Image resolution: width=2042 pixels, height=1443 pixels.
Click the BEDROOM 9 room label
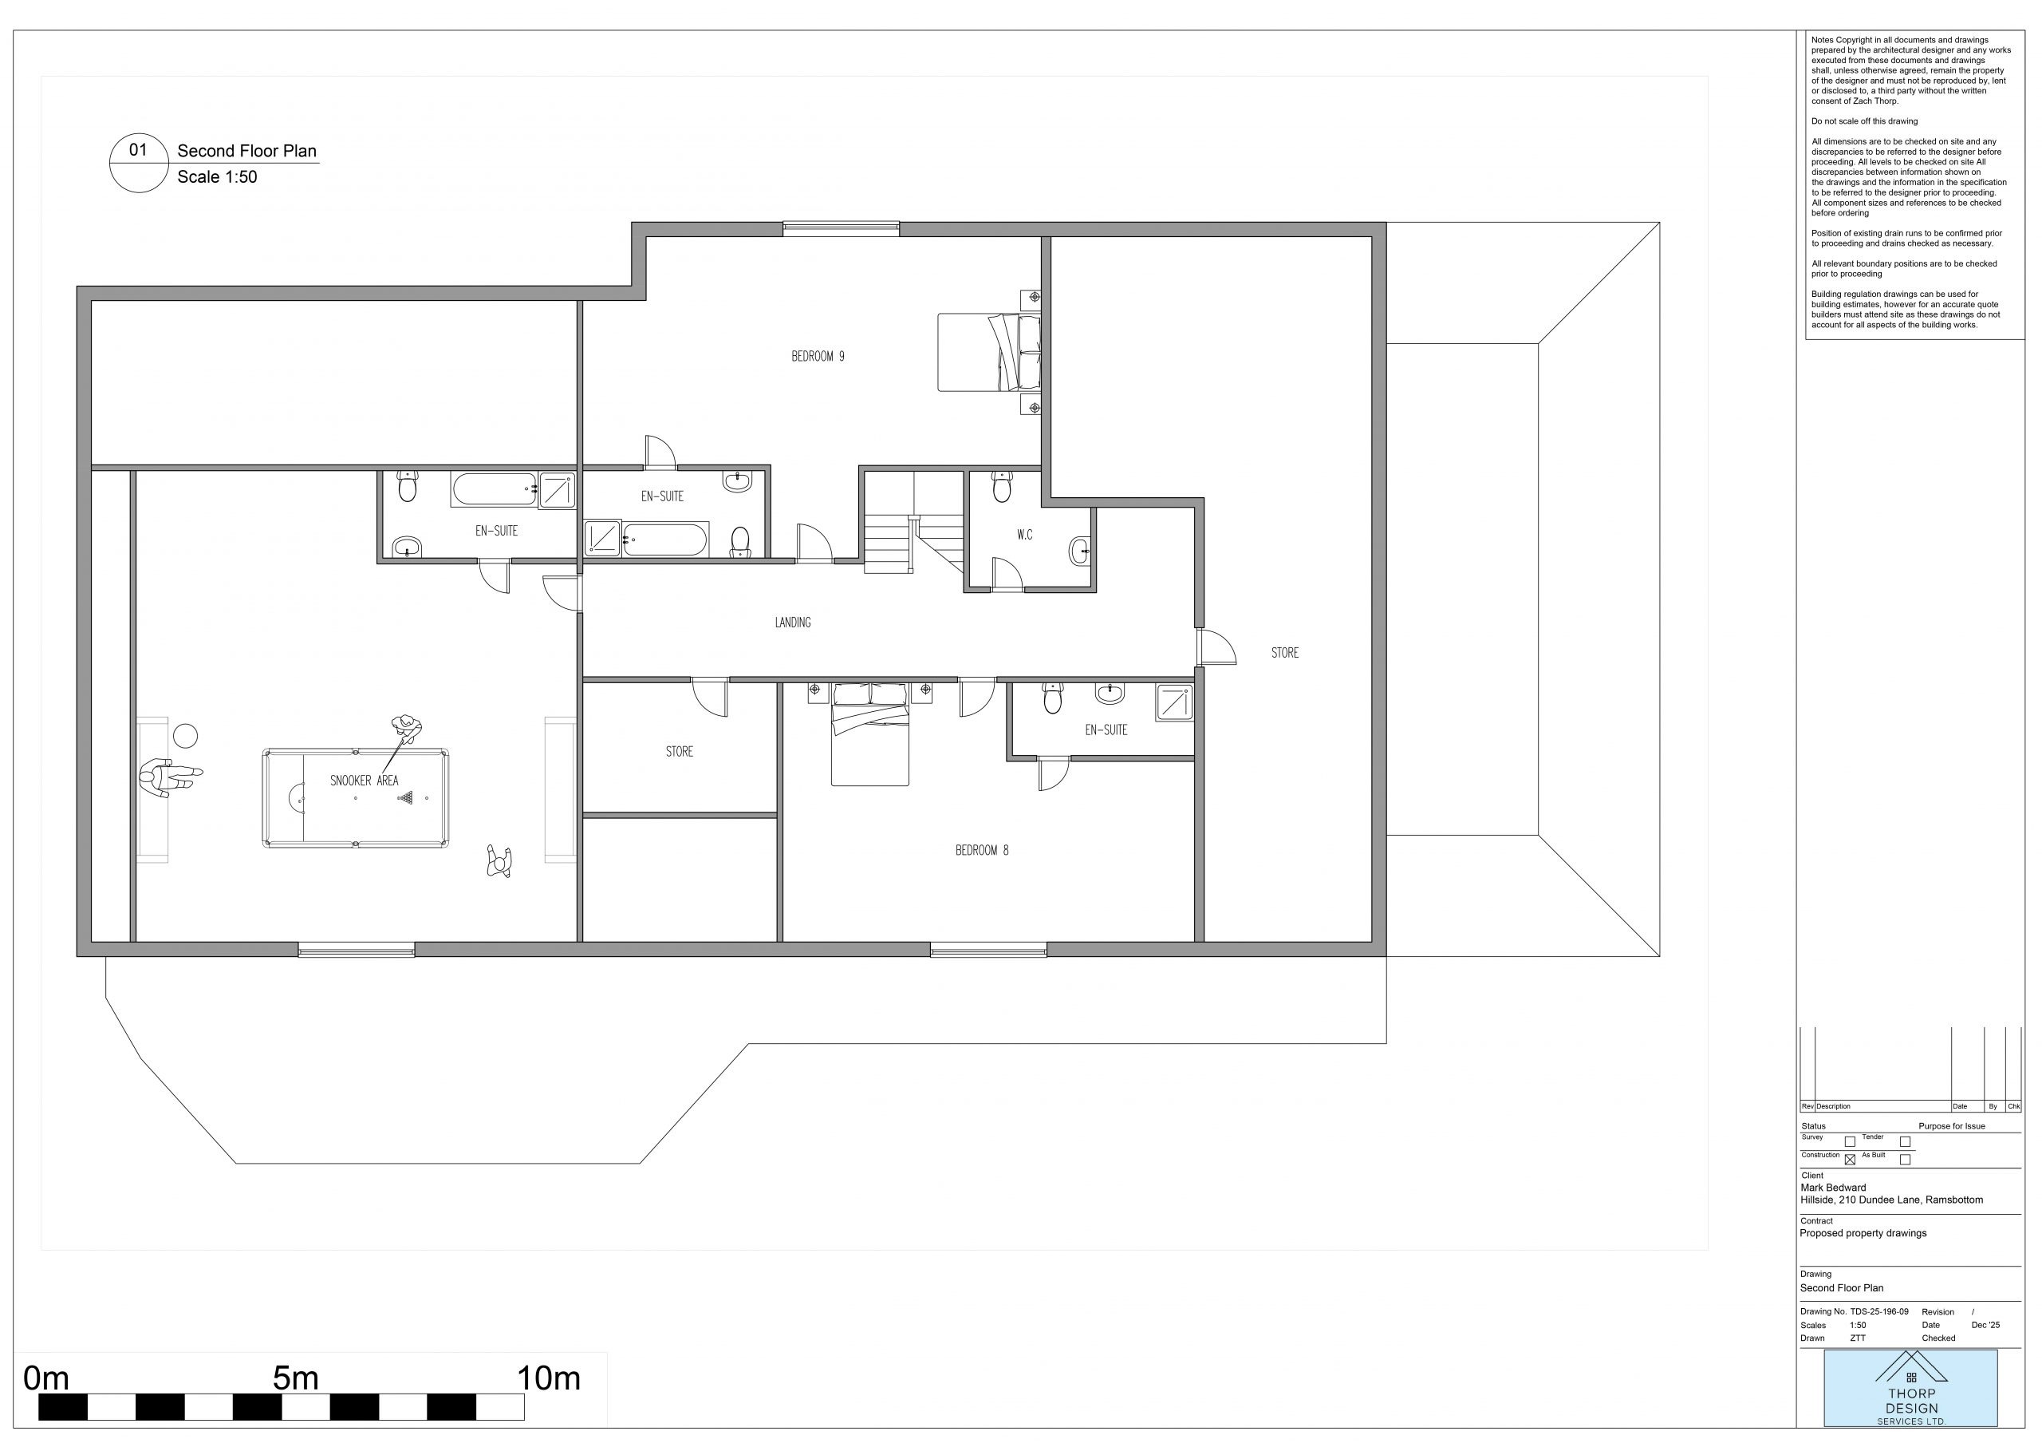point(818,357)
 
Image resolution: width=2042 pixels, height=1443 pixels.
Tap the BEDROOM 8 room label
point(982,851)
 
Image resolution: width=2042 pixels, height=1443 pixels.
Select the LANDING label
point(792,623)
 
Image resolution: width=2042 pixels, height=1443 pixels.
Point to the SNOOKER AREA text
point(365,781)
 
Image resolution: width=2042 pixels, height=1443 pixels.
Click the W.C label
point(1024,535)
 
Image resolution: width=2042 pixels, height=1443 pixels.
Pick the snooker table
point(356,798)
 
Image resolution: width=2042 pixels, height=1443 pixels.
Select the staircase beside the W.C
point(914,522)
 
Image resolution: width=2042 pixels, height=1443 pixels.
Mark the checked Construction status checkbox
point(1850,1159)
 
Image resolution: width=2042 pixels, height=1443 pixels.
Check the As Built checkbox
point(1905,1159)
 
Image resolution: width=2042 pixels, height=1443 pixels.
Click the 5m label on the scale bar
point(295,1379)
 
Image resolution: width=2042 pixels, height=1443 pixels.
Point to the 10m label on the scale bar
point(549,1379)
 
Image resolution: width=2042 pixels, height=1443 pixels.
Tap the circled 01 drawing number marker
point(139,163)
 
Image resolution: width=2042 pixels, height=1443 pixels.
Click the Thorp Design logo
point(1910,1388)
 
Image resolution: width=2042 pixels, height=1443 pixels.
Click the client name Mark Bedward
point(1833,1188)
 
